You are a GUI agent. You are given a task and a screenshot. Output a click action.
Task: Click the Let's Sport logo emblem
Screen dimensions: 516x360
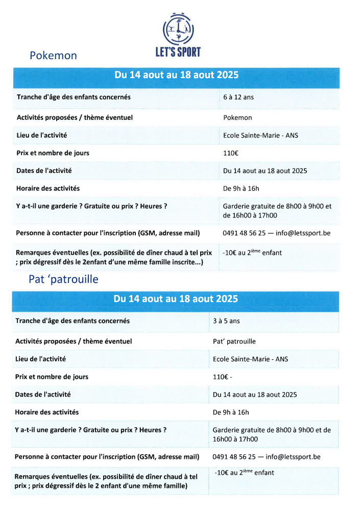178,29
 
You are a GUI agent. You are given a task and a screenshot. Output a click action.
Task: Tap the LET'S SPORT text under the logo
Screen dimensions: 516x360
178,52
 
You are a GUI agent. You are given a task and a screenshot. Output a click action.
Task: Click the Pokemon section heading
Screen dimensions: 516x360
53,56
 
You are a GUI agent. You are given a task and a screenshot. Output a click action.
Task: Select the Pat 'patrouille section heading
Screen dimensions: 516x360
63,280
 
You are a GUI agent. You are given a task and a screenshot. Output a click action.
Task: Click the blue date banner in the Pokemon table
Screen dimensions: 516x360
176,75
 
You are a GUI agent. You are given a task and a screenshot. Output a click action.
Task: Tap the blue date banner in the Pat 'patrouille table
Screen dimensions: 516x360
176,299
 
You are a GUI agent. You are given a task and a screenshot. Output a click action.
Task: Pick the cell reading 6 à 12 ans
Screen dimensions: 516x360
238,97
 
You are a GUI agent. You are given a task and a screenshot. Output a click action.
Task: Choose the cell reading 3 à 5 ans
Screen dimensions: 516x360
226,322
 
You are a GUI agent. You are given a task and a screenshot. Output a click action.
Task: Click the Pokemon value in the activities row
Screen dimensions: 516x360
237,117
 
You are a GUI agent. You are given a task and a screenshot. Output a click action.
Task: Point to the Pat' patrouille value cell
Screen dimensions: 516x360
234,341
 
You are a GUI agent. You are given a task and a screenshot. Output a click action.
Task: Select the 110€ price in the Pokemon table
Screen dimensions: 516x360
231,153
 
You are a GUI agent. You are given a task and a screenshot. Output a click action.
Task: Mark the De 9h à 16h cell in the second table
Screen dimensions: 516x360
231,412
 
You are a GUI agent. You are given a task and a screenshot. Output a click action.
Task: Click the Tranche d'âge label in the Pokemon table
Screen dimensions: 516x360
74,97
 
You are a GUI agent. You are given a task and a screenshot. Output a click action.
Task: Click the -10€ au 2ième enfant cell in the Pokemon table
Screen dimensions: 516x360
252,252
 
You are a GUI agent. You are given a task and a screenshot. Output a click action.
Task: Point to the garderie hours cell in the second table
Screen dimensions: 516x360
272,434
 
